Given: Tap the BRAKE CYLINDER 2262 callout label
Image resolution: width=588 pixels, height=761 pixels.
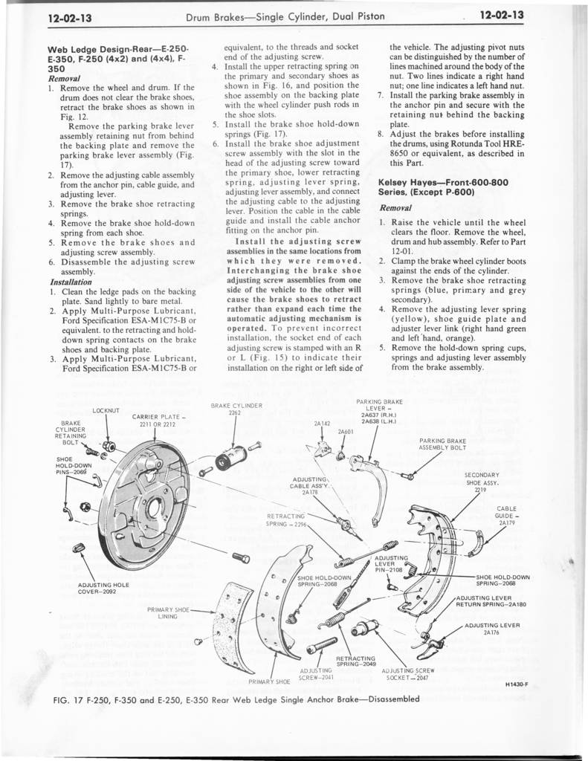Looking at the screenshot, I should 235,409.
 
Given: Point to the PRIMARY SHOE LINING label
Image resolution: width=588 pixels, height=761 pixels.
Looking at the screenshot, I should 170,613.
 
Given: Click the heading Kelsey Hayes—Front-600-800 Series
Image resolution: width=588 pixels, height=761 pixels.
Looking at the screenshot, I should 442,187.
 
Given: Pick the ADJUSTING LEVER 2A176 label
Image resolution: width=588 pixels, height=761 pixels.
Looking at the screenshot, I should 490,629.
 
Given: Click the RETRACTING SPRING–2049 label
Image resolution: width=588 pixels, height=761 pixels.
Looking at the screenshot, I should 355,661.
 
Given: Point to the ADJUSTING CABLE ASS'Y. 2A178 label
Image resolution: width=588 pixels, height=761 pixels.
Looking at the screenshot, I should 310,485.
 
